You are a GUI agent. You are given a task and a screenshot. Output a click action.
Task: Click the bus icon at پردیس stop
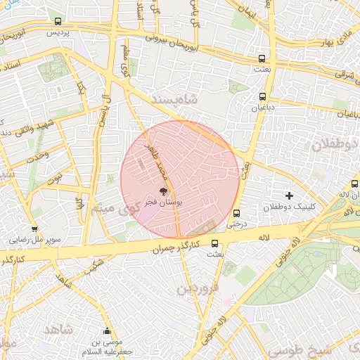point(58,22)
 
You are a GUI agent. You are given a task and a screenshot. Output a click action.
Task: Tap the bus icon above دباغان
point(263,97)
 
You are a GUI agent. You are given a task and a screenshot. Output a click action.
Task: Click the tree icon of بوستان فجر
point(163,191)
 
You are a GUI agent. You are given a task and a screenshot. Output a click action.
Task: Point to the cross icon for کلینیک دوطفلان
point(289,195)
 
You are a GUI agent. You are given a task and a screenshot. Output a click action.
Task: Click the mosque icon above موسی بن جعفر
point(107,331)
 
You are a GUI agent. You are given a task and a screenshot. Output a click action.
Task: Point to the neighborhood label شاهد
point(58,329)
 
